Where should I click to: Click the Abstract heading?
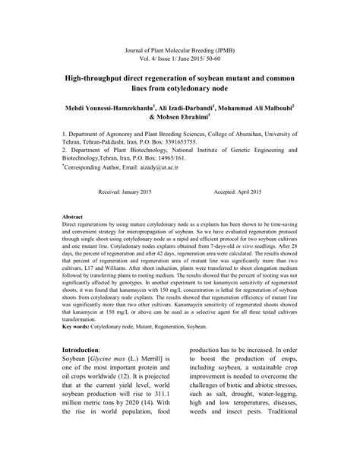pos(73,217)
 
